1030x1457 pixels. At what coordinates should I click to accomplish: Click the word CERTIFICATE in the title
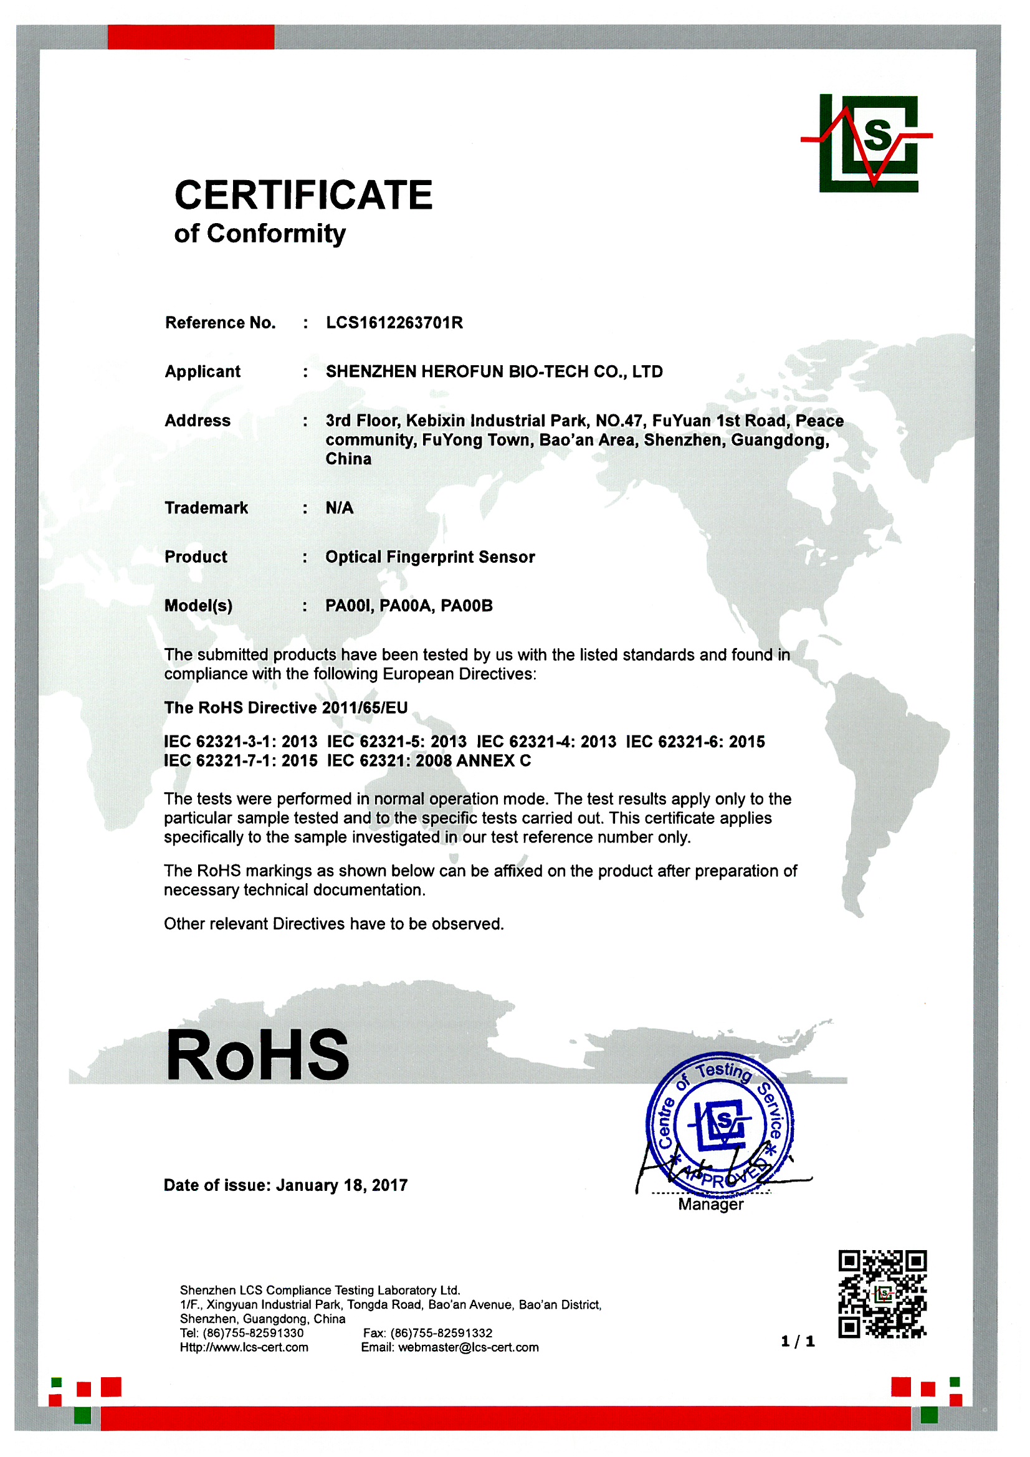[303, 195]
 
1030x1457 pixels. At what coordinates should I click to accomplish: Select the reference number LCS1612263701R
[394, 323]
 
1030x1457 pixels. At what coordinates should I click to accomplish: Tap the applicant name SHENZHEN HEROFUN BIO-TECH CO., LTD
[494, 372]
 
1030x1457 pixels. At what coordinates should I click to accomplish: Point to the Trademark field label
[206, 508]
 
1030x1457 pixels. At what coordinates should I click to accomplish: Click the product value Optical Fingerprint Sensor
[430, 557]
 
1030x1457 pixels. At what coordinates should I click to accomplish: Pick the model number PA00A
[406, 606]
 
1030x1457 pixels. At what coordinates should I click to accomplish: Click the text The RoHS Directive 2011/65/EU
[285, 707]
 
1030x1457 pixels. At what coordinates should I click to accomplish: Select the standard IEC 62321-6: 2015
[695, 742]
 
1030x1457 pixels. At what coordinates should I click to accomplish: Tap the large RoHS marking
[257, 1055]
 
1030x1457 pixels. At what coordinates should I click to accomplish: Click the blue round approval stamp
[719, 1123]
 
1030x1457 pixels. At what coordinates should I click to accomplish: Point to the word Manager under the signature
[710, 1205]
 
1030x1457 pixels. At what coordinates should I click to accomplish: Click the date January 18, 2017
[341, 1185]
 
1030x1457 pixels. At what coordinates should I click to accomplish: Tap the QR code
[882, 1294]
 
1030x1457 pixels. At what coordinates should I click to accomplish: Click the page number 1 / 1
[797, 1342]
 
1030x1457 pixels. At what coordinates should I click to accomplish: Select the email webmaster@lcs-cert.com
[468, 1348]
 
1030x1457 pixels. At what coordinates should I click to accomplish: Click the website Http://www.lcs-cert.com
[244, 1348]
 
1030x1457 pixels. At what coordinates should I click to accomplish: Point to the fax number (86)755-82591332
[441, 1333]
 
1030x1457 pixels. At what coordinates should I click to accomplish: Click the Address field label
[198, 421]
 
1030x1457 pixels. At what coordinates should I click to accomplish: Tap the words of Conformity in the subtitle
[260, 234]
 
